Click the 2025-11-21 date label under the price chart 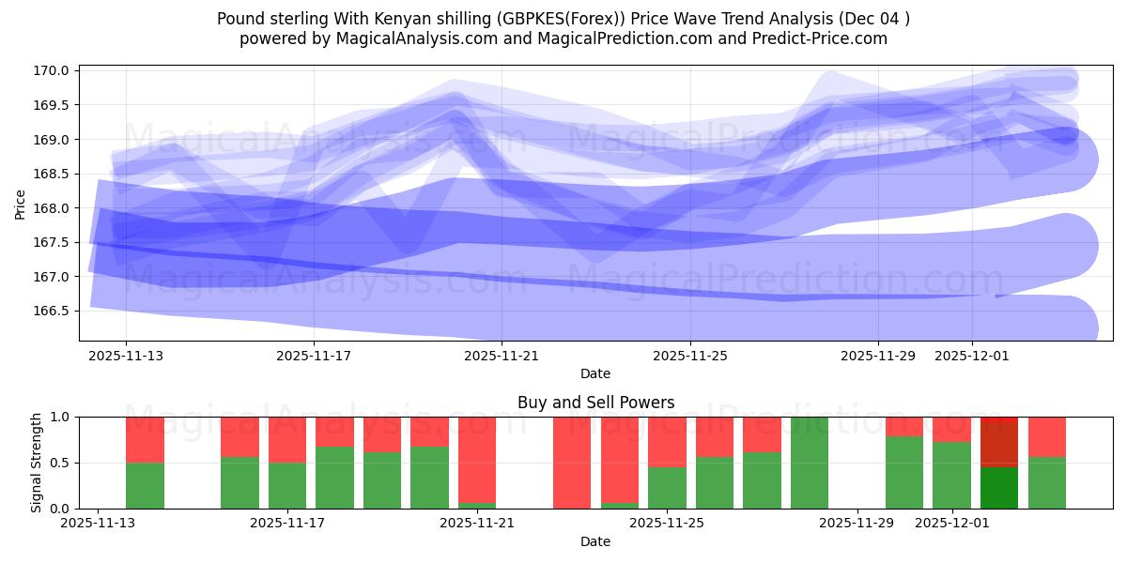point(502,356)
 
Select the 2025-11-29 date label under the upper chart point(877,356)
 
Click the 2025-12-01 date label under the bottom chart point(952,524)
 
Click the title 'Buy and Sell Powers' point(595,403)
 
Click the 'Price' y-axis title point(21,203)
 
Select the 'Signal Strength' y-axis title point(36,463)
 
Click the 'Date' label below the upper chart point(595,373)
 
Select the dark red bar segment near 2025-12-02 point(999,441)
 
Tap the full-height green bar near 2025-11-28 point(810,463)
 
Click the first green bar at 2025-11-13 point(145,485)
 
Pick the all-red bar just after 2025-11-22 point(572,463)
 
